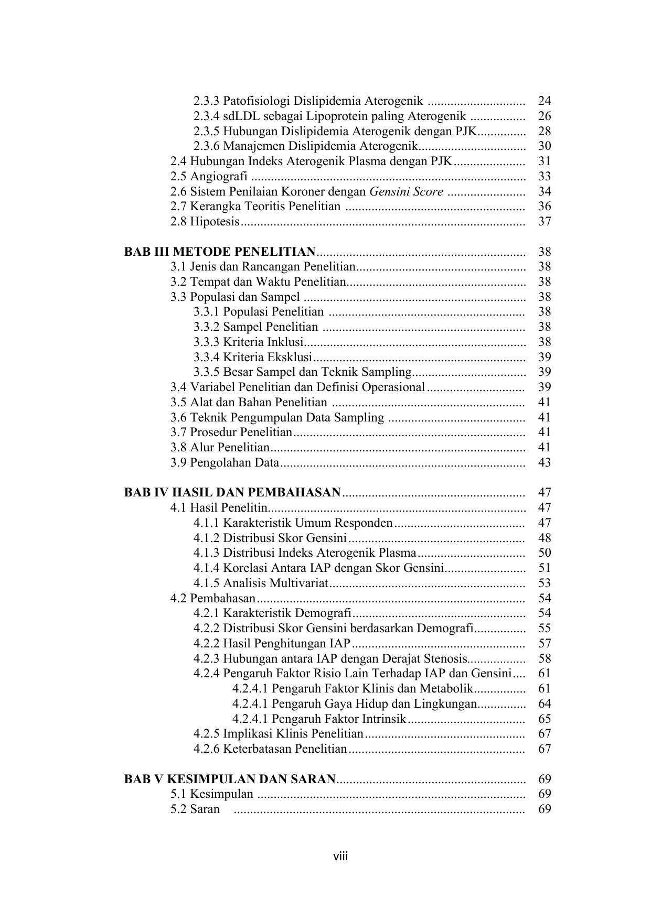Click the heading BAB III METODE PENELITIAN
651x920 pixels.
[x=220, y=252]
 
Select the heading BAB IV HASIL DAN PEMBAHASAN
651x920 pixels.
[x=232, y=492]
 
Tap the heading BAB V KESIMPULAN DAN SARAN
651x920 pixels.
[x=229, y=779]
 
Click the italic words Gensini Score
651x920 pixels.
[x=406, y=191]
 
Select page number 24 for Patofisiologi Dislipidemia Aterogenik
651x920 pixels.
[x=545, y=101]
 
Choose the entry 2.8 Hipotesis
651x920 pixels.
[x=205, y=222]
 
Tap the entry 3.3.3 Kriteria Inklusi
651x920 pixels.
[x=249, y=342]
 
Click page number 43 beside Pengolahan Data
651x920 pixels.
[x=545, y=463]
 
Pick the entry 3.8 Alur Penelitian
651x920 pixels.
[x=220, y=448]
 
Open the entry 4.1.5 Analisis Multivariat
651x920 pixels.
[x=260, y=583]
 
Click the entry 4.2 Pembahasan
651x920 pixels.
[x=212, y=598]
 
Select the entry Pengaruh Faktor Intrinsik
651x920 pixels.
[x=319, y=719]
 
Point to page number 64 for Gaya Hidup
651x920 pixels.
[x=545, y=703]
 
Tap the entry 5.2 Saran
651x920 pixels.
[x=195, y=809]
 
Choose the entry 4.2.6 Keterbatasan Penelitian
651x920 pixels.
[x=270, y=749]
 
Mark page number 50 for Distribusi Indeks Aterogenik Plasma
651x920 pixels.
[x=545, y=553]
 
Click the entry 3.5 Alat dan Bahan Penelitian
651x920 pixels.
[x=249, y=403]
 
